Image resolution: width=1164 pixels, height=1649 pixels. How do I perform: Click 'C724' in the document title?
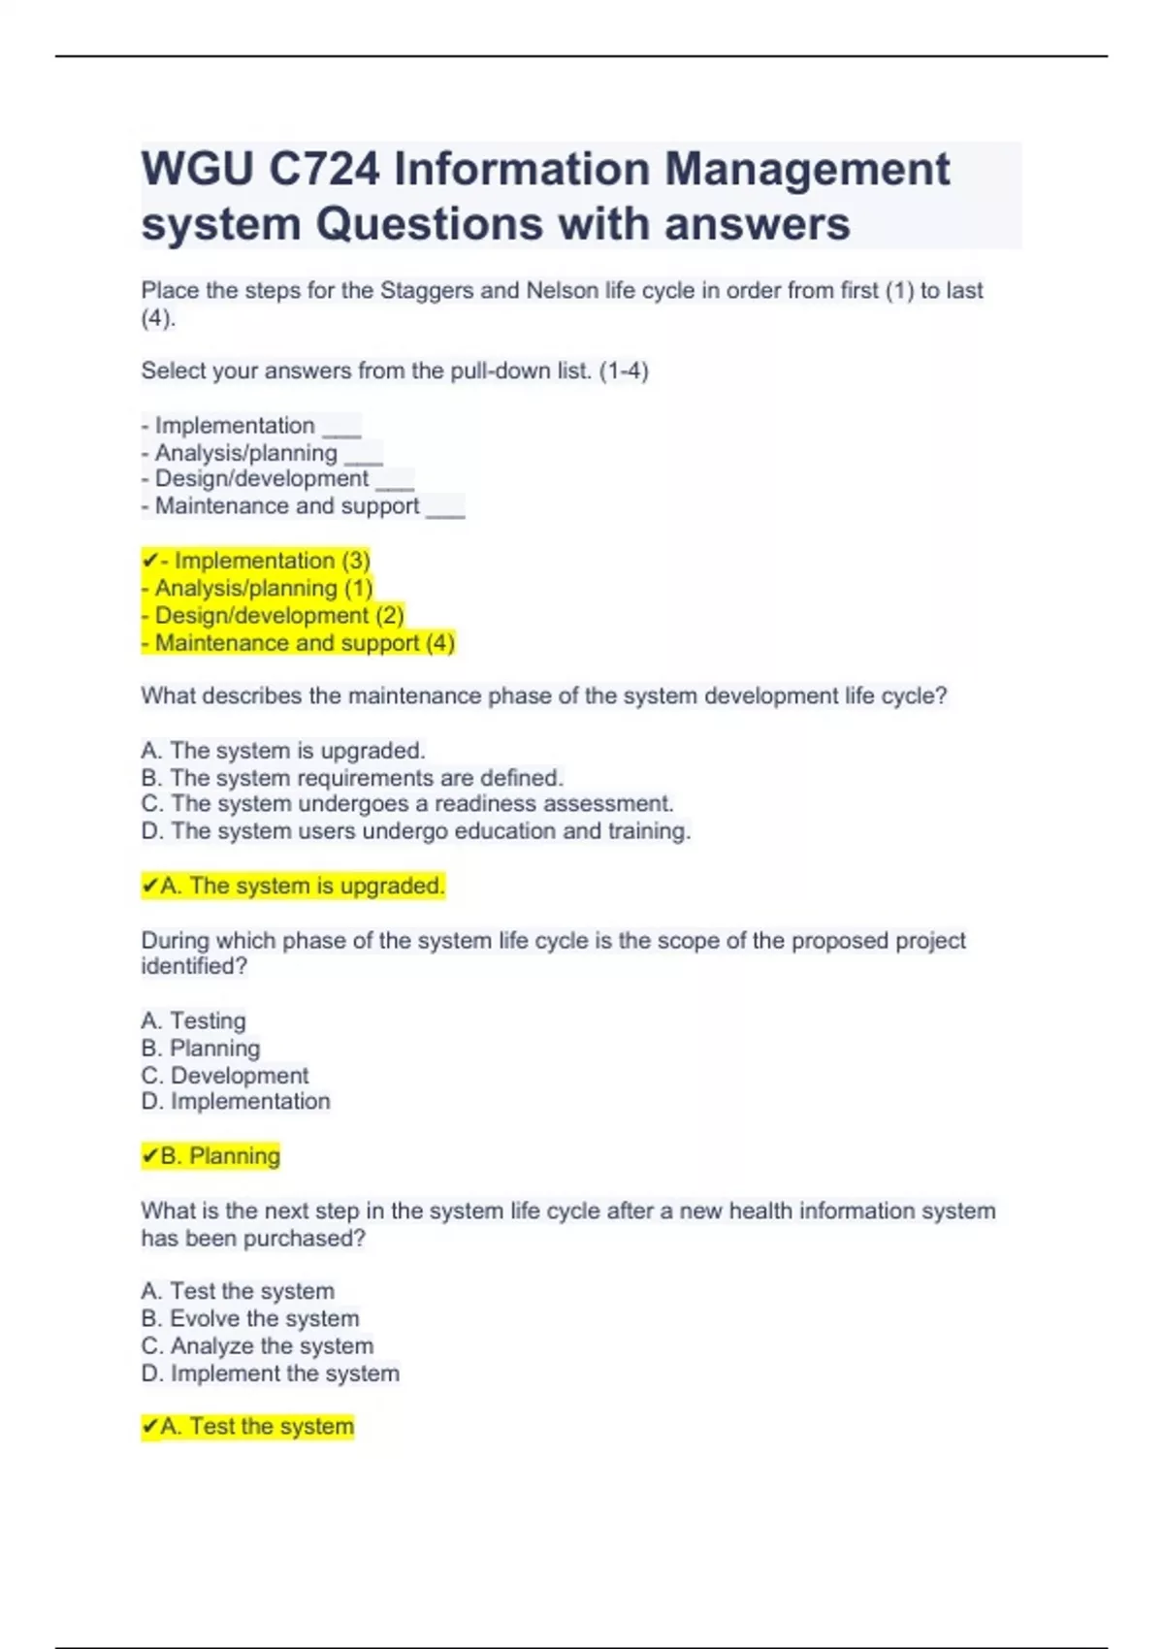324,170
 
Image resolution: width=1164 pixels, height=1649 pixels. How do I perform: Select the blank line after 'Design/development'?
395,481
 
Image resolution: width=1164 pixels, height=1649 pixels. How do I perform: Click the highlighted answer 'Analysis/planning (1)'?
257,588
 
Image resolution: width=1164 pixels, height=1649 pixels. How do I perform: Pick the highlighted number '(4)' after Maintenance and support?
440,642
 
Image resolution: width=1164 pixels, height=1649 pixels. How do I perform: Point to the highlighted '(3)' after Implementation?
355,561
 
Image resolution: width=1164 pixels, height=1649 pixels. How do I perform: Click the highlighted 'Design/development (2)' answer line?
273,615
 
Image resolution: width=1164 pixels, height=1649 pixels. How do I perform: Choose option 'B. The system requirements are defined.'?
352,778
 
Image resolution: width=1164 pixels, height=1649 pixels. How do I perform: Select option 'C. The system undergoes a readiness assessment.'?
407,804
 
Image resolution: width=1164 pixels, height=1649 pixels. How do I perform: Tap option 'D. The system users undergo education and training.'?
416,831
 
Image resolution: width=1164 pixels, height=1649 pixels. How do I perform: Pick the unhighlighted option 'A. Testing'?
194,1020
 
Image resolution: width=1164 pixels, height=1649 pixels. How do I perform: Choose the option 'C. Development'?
225,1075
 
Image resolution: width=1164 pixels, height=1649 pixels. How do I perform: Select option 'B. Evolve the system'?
250,1318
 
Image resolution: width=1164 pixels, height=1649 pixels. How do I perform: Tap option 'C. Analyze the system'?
257,1345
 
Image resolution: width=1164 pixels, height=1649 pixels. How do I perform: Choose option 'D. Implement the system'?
270,1374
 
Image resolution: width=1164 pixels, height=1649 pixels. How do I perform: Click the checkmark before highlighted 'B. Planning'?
150,1155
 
